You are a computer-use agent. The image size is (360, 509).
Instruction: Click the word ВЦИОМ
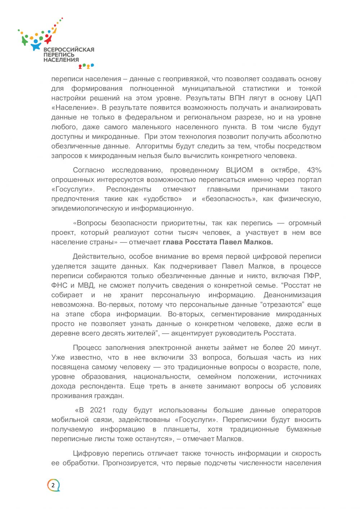(x=239, y=170)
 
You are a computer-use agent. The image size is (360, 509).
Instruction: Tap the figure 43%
(x=314, y=170)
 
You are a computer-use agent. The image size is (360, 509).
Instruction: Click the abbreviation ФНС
(x=59, y=285)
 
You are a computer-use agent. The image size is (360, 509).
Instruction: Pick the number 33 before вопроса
(x=193, y=357)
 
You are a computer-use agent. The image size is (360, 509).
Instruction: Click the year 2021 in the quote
(x=98, y=410)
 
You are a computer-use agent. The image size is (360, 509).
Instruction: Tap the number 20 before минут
(x=291, y=348)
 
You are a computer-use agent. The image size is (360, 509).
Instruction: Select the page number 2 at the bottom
(x=53, y=485)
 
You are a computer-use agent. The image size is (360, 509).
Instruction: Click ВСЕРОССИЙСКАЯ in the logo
(x=69, y=50)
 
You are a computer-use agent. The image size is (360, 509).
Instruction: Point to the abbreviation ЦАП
(x=314, y=98)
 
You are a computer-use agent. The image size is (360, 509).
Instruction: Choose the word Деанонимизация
(x=292, y=295)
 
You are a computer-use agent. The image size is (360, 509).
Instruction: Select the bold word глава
(x=173, y=242)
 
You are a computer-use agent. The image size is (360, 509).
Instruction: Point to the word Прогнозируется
(x=130, y=463)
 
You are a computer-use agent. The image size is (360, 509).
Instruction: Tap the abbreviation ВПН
(x=237, y=98)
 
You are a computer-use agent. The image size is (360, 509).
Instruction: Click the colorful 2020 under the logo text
(x=86, y=66)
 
